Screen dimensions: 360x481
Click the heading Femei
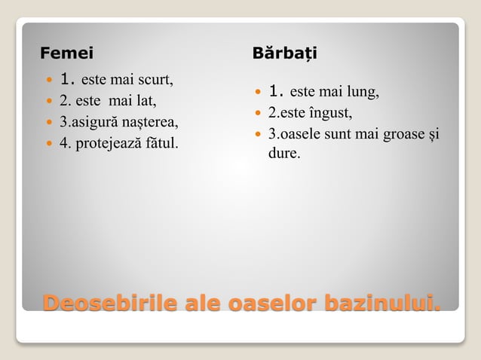pyautogui.click(x=66, y=53)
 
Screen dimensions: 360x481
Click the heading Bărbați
pyautogui.click(x=285, y=53)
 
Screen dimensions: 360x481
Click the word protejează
pyautogui.click(x=109, y=142)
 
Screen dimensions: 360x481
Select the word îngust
pyautogui.click(x=329, y=114)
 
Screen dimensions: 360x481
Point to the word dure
pyautogui.click(x=283, y=153)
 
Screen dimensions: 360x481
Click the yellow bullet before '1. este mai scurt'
pyautogui.click(x=50, y=79)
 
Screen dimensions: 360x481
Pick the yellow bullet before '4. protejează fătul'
pyautogui.click(x=50, y=142)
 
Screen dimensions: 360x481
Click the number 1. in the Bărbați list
pyautogui.click(x=276, y=93)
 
